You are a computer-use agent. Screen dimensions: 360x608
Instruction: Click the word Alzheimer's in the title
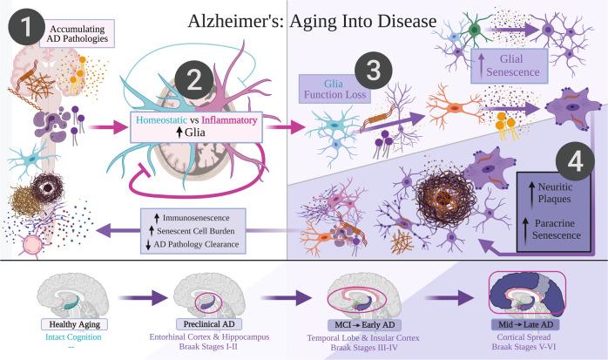pos(229,19)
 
